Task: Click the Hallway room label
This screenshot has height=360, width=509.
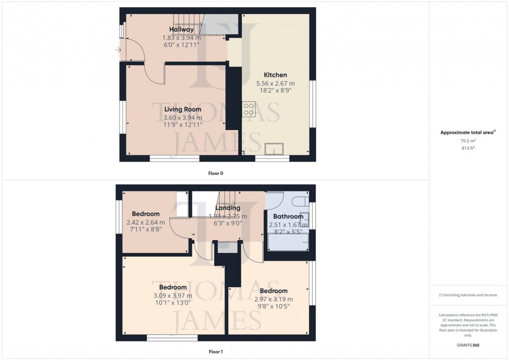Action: (x=181, y=30)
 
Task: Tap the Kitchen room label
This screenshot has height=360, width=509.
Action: (x=275, y=75)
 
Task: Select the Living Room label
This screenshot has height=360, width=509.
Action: (x=182, y=109)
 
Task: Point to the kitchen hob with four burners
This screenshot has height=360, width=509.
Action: (x=248, y=109)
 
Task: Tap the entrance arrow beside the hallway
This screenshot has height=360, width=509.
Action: (x=118, y=50)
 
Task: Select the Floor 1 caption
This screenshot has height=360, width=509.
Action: (x=215, y=352)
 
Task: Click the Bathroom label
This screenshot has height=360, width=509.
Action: (x=286, y=217)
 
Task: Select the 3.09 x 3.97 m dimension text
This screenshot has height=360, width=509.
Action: (x=172, y=296)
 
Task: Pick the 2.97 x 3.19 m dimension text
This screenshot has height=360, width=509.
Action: (x=274, y=299)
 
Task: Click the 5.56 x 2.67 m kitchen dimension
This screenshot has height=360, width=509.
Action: (x=275, y=83)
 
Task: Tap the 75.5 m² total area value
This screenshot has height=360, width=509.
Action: (x=468, y=140)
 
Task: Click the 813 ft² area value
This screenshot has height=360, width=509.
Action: (x=468, y=148)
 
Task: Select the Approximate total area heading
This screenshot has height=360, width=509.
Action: (x=468, y=132)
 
